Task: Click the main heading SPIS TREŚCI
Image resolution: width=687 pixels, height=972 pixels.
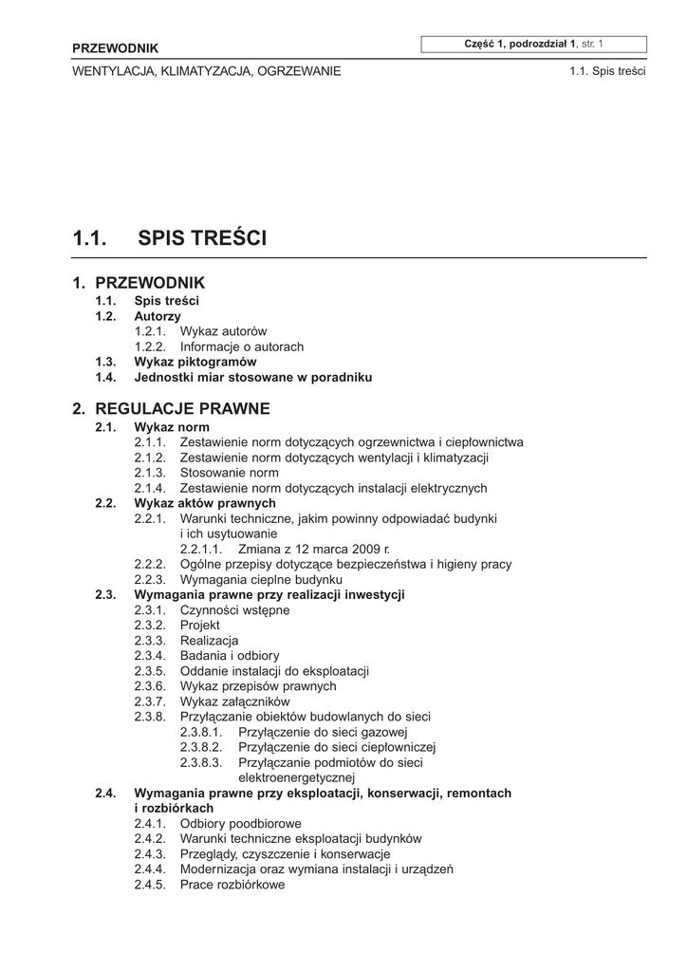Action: tap(202, 238)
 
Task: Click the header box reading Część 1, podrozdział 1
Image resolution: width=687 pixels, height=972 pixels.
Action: tap(535, 44)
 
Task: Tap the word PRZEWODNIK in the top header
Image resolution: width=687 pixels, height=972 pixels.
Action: tap(116, 48)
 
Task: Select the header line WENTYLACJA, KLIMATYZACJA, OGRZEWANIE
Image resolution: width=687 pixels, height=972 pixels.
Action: tap(206, 71)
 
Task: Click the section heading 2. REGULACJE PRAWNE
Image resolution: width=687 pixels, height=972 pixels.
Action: tap(171, 409)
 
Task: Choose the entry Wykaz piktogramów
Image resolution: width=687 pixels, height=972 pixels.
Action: tap(195, 362)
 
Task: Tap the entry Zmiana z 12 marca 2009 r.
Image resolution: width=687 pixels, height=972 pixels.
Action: tap(314, 550)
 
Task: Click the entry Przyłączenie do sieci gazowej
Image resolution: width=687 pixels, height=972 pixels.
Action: tap(323, 732)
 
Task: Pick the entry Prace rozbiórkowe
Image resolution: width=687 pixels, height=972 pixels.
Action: tap(232, 885)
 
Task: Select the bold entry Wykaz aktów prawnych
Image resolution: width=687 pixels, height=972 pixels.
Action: tap(205, 503)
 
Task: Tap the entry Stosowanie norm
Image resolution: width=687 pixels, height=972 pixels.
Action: tap(229, 473)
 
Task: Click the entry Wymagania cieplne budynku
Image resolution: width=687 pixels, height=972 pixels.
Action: tap(261, 579)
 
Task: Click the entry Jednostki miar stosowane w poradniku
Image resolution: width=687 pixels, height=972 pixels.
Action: tap(252, 377)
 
